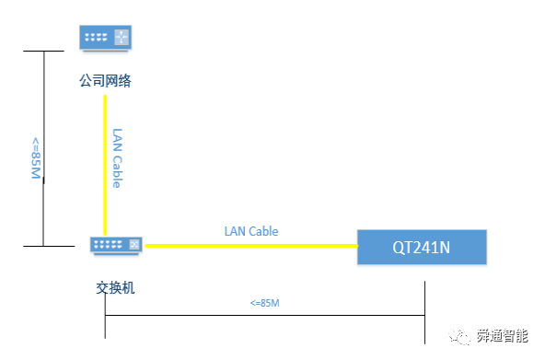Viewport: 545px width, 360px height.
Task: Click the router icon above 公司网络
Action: click(105, 38)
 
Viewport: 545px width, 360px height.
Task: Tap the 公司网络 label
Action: click(105, 81)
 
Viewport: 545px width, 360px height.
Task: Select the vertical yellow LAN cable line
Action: click(105, 166)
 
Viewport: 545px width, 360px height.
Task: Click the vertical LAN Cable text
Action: click(117, 158)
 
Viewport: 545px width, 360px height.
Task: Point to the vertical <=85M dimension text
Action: click(36, 158)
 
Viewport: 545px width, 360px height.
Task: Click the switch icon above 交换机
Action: click(116, 245)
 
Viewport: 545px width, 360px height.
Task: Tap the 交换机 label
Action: click(115, 288)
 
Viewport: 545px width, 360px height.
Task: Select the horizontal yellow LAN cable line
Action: click(251, 246)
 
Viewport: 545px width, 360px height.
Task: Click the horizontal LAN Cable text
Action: click(251, 231)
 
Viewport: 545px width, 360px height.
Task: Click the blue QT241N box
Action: click(422, 247)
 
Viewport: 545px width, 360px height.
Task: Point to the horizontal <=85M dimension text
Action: click(265, 303)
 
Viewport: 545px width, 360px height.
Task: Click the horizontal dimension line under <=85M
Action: click(265, 315)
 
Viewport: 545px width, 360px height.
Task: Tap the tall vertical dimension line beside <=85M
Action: click(43, 148)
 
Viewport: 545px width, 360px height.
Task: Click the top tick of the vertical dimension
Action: click(43, 51)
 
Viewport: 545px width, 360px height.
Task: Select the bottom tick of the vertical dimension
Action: click(49, 246)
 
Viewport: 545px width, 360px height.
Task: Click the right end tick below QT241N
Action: click(424, 312)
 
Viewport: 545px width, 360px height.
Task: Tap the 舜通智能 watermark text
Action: click(503, 336)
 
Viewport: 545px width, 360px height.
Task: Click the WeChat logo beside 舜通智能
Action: click(459, 336)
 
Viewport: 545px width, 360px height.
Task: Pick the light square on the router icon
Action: click(122, 37)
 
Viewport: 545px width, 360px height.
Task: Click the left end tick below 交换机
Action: click(105, 316)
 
